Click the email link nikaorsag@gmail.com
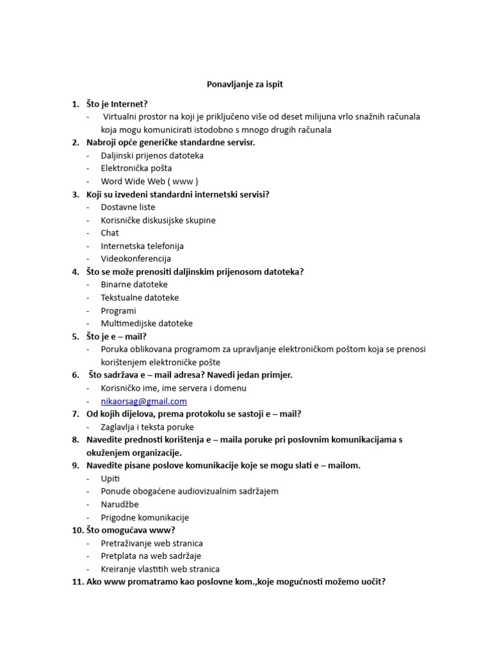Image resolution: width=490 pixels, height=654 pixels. coord(144,401)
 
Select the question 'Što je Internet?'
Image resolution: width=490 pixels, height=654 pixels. coord(117,103)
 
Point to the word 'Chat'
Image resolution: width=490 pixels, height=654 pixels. coord(110,233)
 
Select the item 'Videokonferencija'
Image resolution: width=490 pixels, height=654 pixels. coord(136,259)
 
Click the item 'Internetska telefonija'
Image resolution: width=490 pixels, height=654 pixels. coord(142,246)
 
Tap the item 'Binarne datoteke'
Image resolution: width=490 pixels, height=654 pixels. coord(134,285)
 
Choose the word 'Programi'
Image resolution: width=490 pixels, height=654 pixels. coord(119,310)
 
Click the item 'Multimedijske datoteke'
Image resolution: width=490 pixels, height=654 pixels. coord(147,323)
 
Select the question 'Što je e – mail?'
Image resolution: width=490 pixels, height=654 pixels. coord(117,336)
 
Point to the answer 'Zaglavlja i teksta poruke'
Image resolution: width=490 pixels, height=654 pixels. coord(147,427)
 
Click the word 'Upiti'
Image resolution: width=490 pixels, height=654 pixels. coord(110,478)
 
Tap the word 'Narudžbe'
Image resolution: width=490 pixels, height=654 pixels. coord(119,505)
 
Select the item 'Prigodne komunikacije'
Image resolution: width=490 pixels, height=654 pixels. coord(145,517)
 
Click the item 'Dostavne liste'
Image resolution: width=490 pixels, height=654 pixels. coord(128,207)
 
